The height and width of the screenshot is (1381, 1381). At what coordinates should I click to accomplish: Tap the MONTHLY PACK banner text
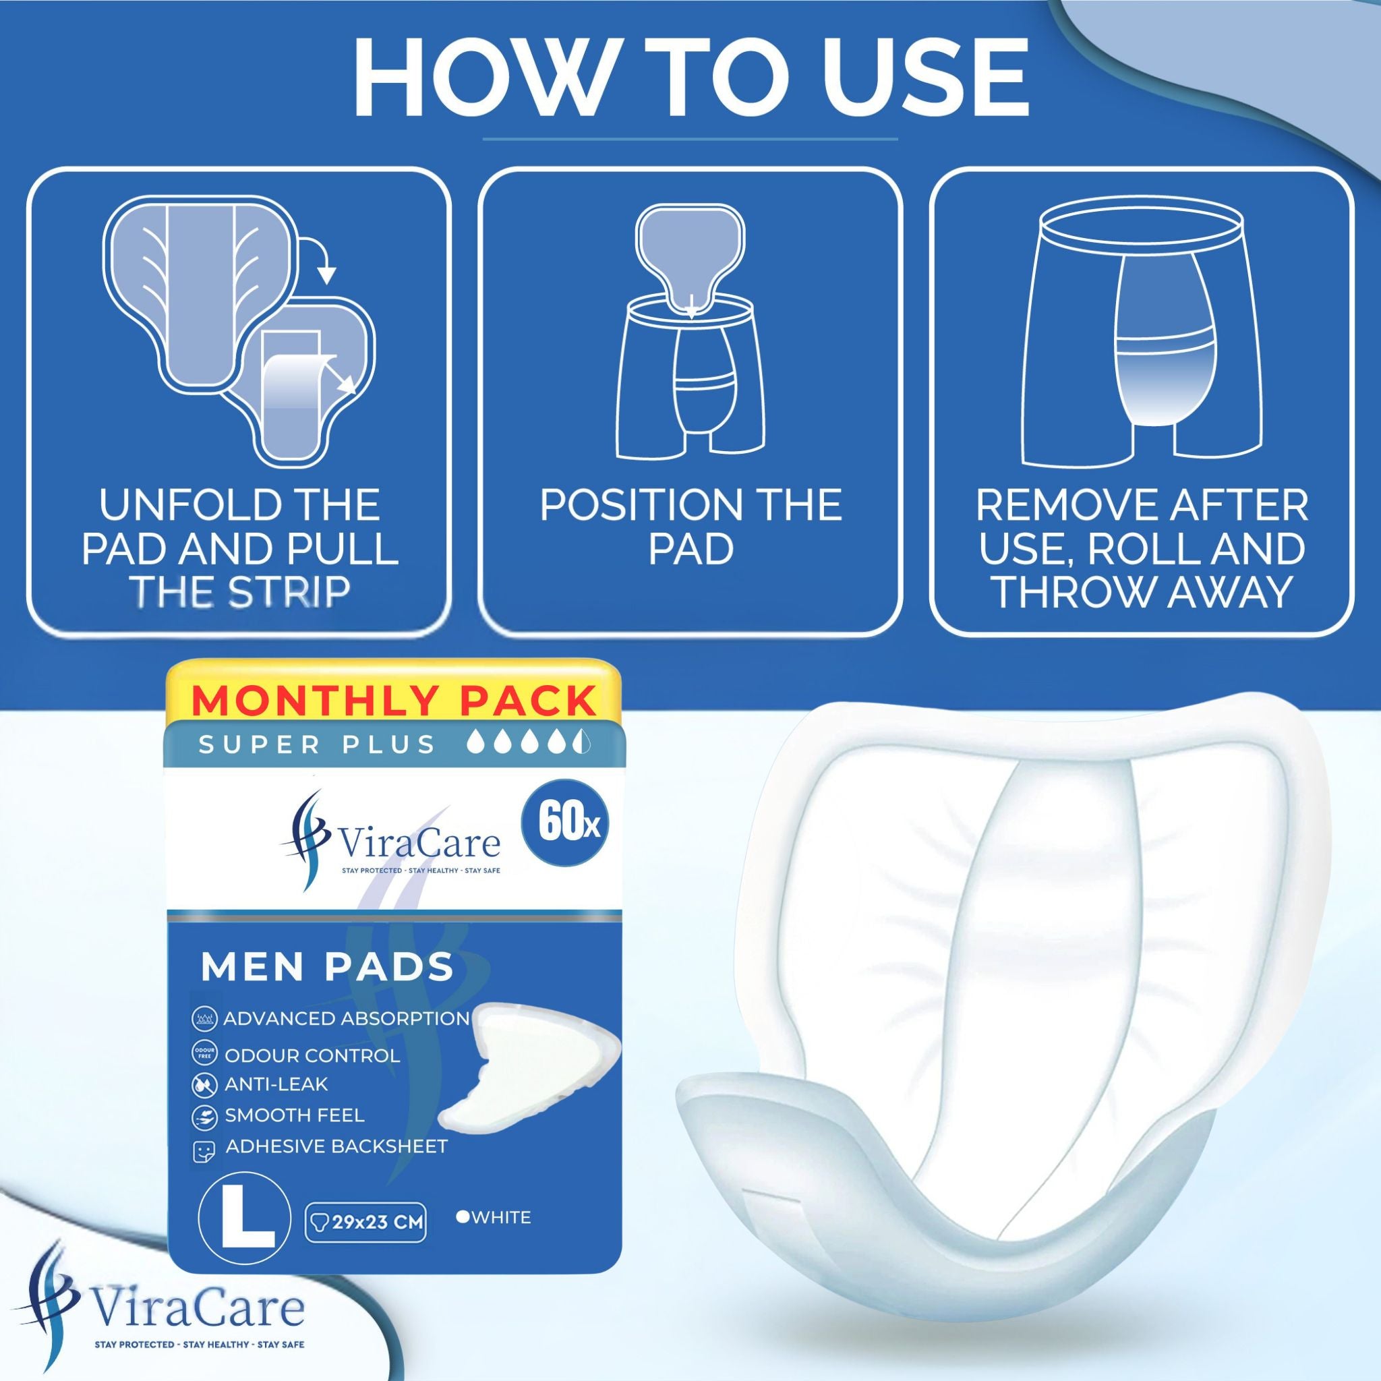coord(394,700)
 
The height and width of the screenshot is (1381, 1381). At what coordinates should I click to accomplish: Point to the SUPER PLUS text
coord(318,745)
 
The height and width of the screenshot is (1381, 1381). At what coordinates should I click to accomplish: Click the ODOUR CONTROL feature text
coord(312,1056)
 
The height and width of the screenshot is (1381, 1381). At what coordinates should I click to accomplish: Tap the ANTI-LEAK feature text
coord(276,1084)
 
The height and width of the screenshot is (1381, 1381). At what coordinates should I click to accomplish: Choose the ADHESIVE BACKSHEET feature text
coord(336,1146)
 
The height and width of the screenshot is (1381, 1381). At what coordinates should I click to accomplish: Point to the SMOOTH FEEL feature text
coord(295,1115)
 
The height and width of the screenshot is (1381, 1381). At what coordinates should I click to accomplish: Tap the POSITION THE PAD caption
coord(690,528)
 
